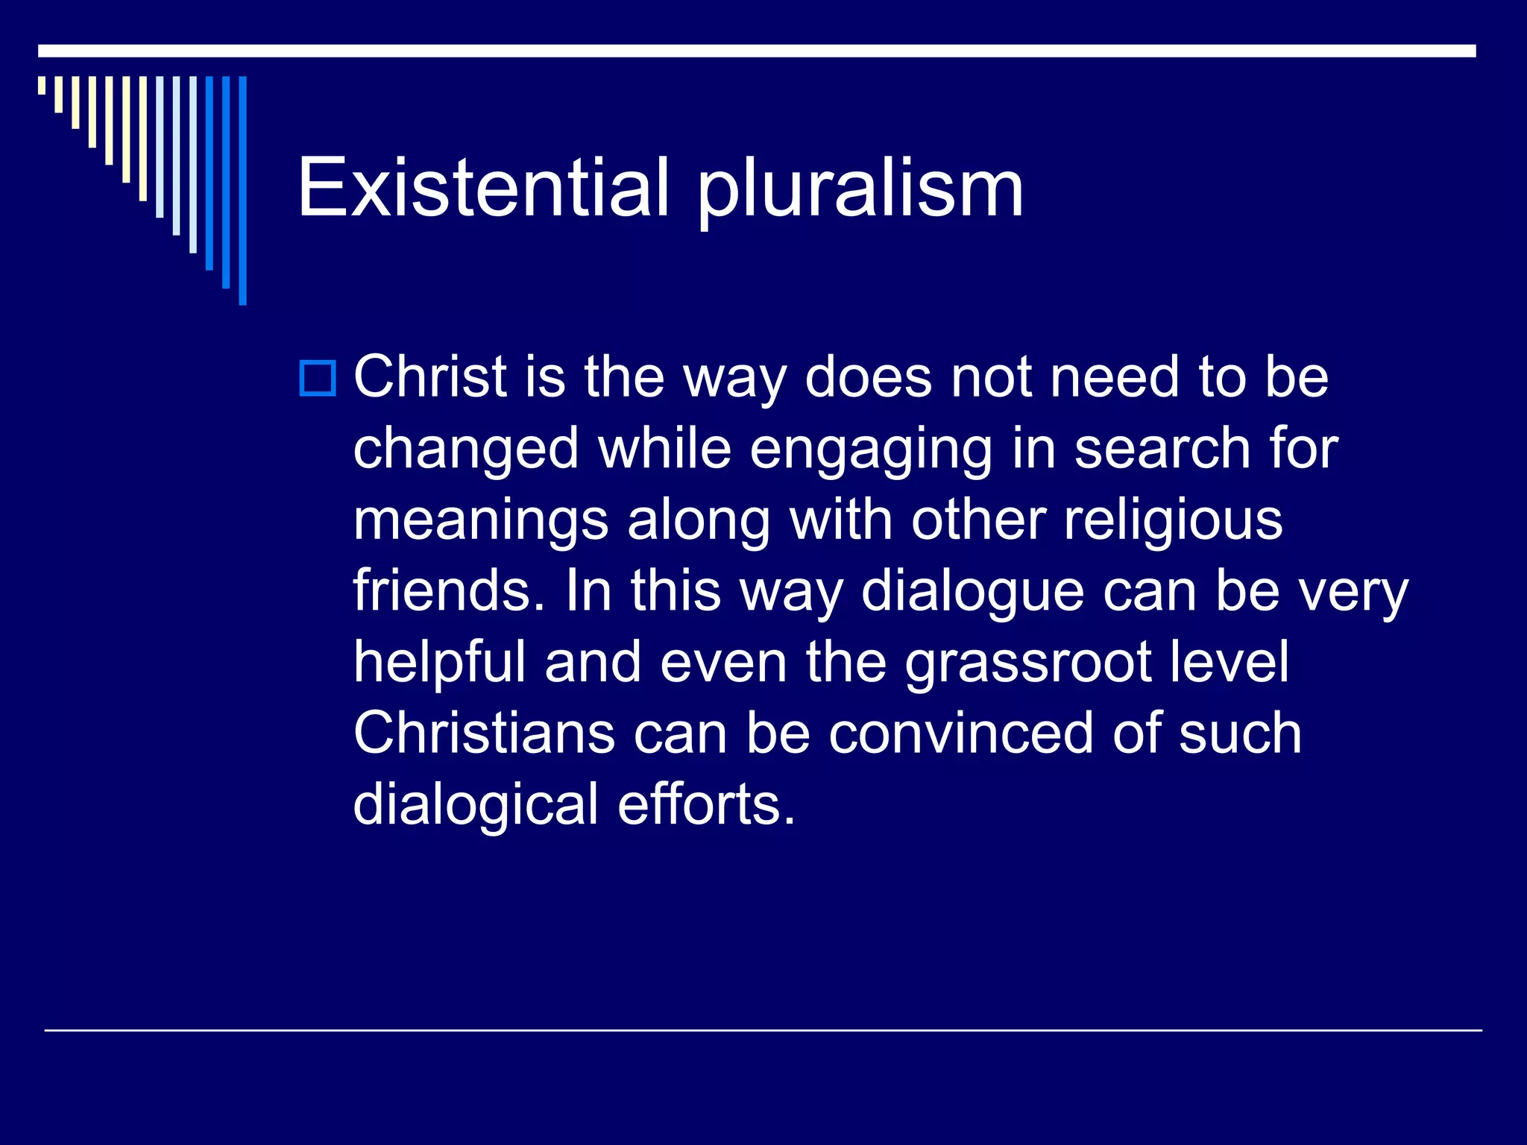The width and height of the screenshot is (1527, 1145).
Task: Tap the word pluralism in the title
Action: coord(860,190)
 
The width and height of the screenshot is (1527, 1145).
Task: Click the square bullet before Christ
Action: coord(318,378)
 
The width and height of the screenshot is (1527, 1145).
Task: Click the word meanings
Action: coord(481,522)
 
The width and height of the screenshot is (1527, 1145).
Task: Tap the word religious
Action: coord(1173,522)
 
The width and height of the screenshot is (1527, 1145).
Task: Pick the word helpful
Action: coord(440,663)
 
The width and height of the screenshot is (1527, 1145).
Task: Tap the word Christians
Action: coord(484,734)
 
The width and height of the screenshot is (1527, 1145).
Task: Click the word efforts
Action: coord(706,805)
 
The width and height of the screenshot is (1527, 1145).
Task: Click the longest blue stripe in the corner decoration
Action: coord(242,190)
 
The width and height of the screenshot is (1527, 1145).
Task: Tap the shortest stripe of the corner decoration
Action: coord(42,85)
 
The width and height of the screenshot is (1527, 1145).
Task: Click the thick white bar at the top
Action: coord(757,51)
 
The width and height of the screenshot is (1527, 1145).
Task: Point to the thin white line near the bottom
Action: coord(763,1030)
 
